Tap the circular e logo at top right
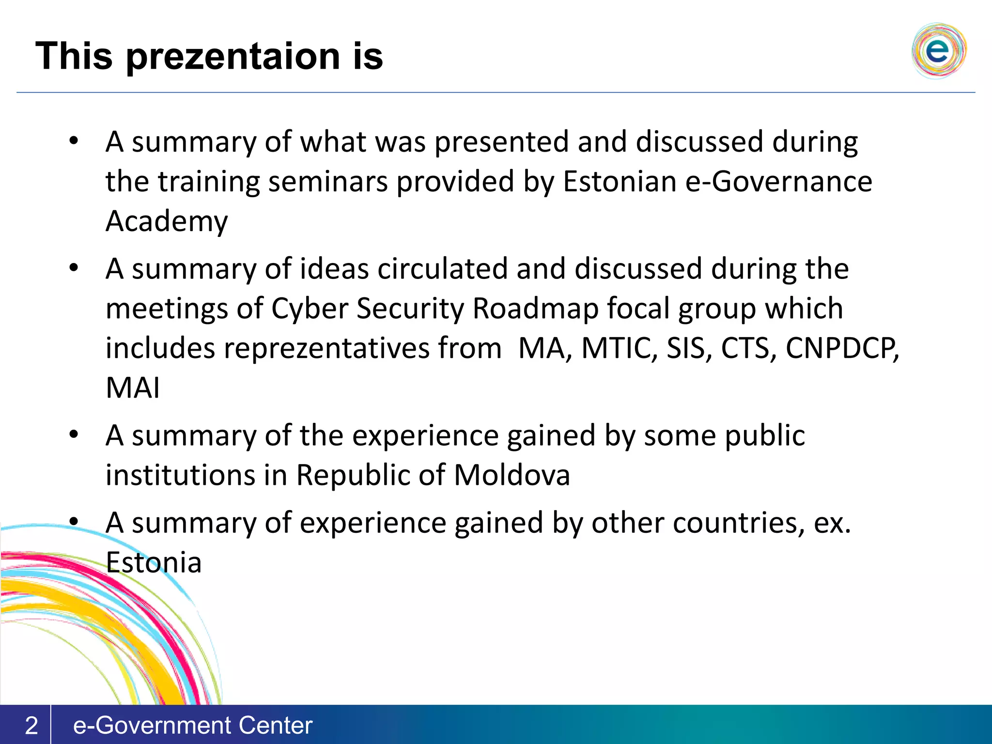938,50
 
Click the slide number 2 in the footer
31,725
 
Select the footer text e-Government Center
192,725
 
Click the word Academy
167,221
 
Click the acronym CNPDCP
842,348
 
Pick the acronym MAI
133,388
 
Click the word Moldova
512,475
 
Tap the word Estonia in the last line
154,563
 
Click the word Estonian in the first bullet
620,182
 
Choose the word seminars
328,182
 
